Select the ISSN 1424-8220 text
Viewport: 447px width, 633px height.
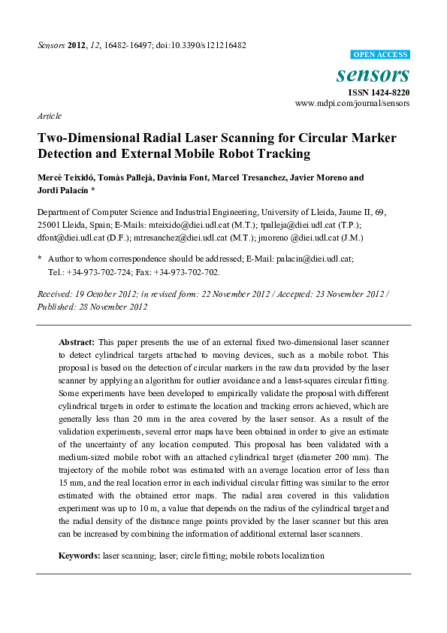coord(378,92)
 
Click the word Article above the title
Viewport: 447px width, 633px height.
coord(49,116)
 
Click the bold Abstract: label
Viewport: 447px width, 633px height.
coord(77,341)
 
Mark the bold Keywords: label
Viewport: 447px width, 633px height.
coord(80,556)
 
